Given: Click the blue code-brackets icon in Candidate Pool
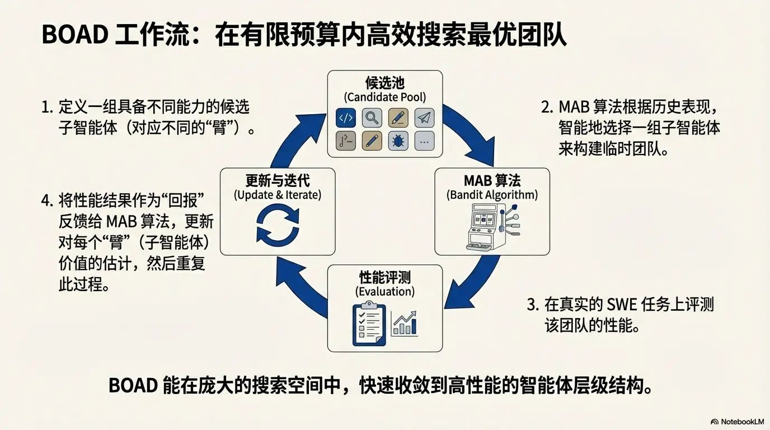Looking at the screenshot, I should [x=346, y=118].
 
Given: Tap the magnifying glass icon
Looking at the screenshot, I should [x=372, y=118].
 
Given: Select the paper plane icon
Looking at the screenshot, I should [x=425, y=118].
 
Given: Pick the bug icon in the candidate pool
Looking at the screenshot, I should [x=398, y=141].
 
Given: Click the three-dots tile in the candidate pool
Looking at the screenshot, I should [x=425, y=141].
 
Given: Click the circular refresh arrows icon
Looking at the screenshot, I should [x=278, y=226].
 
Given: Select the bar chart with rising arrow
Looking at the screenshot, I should [x=404, y=323].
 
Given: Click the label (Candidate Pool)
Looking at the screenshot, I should [x=384, y=97].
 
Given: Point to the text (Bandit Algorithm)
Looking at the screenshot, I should [x=492, y=195].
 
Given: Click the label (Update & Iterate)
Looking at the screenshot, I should [x=278, y=195].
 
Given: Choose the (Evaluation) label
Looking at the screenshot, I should [x=385, y=292].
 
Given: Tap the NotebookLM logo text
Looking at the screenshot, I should [x=737, y=421].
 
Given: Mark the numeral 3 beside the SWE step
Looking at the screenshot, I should [x=532, y=305].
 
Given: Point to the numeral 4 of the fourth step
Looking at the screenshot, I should [x=46, y=200].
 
